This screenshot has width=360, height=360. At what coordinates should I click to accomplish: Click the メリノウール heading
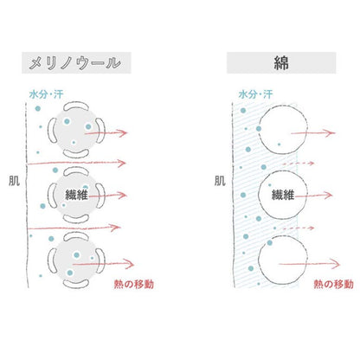pos(74,63)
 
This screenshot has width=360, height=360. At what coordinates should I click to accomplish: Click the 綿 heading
pos(281,63)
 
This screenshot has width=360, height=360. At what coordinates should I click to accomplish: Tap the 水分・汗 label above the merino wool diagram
pos(46,94)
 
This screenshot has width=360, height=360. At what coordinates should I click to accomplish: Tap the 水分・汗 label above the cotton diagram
pos(255,94)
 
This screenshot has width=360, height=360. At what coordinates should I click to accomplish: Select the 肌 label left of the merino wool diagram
pos(14,181)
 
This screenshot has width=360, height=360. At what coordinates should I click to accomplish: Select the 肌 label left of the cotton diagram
pos(220,181)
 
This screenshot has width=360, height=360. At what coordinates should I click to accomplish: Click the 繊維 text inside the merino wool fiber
pos(76,195)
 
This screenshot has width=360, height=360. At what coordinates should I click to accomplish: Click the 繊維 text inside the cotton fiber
pos(283,196)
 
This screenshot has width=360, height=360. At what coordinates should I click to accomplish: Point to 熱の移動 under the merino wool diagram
pos(133,284)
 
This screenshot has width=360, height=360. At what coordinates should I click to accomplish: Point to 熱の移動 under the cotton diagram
pos(333,284)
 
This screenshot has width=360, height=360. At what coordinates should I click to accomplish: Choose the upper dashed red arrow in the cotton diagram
pos(299,164)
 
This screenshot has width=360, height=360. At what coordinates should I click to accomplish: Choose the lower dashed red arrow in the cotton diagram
pos(299,228)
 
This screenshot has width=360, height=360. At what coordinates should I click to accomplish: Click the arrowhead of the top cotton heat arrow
pos(331,133)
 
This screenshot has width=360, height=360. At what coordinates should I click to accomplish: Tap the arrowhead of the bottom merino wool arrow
pos(130,264)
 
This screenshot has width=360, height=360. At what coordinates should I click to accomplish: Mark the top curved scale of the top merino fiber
pos(75,106)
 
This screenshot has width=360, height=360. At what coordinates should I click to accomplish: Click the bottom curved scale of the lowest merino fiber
pos(75,284)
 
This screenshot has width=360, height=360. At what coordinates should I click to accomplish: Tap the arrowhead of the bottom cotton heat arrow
pos(335,263)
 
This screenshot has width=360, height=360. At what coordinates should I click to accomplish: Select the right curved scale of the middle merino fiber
pos(101,196)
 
